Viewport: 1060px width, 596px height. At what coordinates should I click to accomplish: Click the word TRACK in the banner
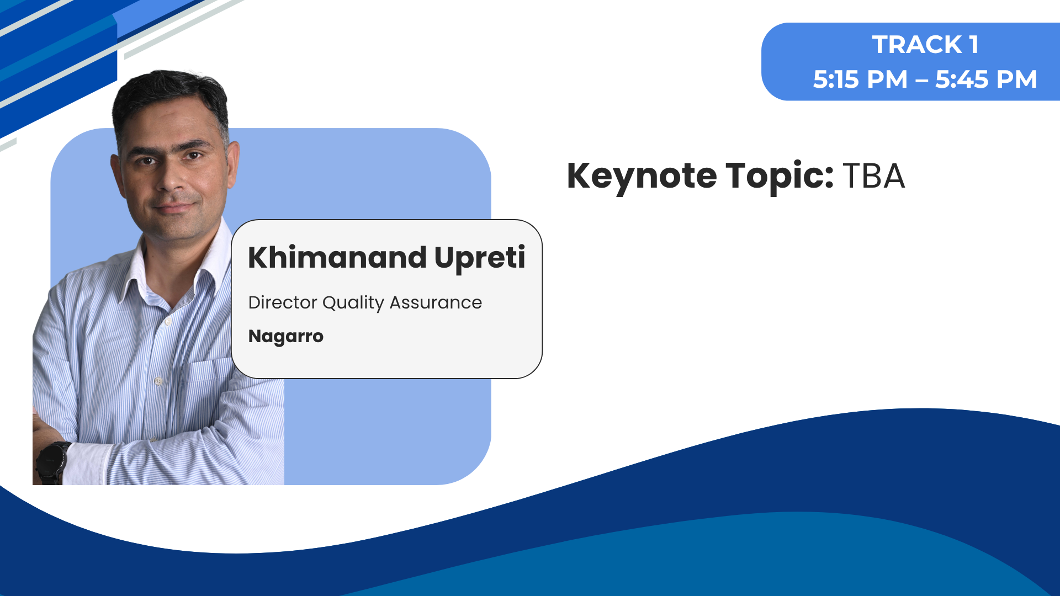coord(917,45)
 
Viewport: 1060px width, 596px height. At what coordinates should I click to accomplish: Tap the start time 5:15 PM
coord(860,79)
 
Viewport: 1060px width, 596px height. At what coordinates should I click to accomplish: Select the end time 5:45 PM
coord(986,79)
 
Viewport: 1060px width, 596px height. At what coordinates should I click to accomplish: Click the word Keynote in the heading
coord(642,177)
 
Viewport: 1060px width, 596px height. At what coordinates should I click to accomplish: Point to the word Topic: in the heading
coord(779,177)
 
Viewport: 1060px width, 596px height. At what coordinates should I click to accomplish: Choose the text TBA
coord(874,177)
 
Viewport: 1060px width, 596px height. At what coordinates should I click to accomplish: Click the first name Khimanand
coord(337,258)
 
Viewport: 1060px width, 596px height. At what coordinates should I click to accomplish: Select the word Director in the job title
coord(283,302)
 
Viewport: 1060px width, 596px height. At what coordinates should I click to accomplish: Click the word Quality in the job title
coord(353,304)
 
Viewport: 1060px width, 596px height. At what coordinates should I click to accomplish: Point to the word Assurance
coord(436,303)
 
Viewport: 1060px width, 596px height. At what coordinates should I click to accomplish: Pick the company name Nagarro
coord(286,337)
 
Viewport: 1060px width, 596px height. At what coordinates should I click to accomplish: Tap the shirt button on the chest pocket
coord(158,381)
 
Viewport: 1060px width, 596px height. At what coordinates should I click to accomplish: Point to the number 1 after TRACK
coord(974,45)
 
